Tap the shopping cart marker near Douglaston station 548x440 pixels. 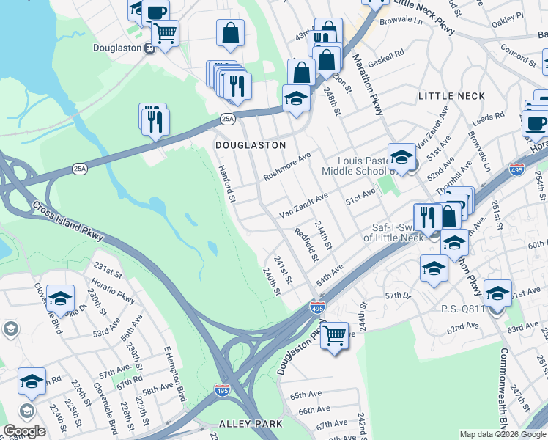(166, 33)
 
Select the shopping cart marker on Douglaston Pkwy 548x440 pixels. (335, 334)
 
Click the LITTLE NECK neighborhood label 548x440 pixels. (451, 96)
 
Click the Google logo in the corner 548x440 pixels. (24, 431)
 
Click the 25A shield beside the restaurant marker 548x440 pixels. (228, 118)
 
